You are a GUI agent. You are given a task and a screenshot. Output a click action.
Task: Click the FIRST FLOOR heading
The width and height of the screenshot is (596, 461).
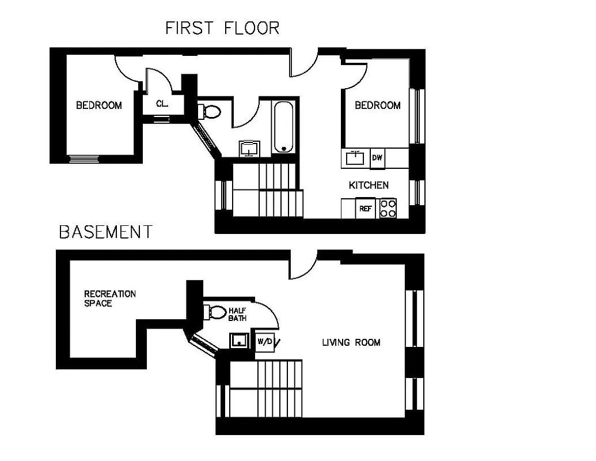point(222,28)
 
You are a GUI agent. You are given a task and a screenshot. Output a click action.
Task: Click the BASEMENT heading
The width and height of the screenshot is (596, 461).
point(106,232)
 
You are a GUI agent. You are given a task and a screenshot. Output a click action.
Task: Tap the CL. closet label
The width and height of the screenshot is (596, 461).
point(162,104)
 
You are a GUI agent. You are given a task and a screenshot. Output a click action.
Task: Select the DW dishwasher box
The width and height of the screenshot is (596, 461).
point(377,158)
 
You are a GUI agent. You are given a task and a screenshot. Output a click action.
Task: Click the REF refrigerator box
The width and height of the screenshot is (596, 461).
point(365,209)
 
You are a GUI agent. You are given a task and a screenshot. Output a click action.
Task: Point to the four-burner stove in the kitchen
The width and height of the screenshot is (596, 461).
point(389,208)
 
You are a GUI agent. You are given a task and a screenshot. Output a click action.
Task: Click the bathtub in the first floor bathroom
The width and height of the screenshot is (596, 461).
point(283,127)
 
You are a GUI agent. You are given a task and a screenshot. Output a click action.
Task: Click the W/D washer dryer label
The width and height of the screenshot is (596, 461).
point(265,341)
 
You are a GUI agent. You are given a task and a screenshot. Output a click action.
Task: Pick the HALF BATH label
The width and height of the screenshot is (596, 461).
point(237,314)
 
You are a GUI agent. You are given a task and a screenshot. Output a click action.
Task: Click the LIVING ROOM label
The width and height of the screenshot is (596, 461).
point(351,342)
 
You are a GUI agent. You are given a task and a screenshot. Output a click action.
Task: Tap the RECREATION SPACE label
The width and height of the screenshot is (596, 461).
point(109,298)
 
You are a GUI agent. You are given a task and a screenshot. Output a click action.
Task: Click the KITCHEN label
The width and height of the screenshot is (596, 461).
point(369,185)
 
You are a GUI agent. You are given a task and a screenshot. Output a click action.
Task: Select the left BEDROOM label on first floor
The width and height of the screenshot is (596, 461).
point(99,105)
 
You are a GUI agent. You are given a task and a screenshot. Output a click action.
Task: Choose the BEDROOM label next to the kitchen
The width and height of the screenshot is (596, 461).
point(377,105)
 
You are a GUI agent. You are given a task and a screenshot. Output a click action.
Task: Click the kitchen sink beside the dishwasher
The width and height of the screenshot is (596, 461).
point(355,158)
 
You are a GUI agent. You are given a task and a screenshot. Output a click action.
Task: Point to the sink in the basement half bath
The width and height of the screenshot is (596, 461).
point(239,341)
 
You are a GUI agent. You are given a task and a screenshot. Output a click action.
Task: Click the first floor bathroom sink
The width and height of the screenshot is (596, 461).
point(249,149)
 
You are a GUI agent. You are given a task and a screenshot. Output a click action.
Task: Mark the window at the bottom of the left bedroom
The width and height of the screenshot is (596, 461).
point(84,159)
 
